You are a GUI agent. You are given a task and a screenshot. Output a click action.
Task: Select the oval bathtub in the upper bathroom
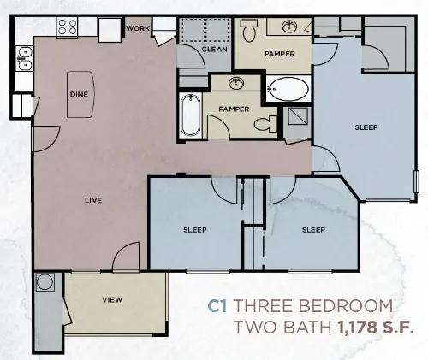[x=288, y=88]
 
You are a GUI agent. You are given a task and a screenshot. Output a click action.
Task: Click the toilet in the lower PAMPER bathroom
[x=266, y=125]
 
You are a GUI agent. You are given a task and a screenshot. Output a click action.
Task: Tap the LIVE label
[x=93, y=200]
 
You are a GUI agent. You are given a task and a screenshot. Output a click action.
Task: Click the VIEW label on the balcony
[x=111, y=299]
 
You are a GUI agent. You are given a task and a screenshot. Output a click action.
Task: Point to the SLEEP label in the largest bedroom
[x=366, y=127]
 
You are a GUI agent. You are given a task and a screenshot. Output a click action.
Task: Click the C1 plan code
[x=219, y=305]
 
